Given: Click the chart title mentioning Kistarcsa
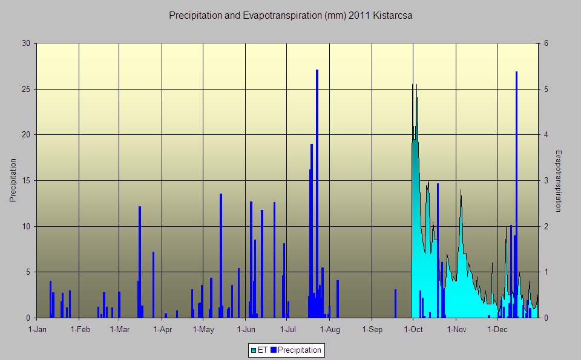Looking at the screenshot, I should click(x=290, y=16).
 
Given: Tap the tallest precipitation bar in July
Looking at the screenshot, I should click(x=317, y=194).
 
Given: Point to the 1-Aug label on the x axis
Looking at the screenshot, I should click(x=330, y=330).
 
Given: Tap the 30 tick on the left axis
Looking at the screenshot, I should click(x=26, y=44).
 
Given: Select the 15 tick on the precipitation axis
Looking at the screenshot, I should click(x=26, y=180).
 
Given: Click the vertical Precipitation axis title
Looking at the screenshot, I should click(x=13, y=180).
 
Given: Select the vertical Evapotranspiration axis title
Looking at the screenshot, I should click(x=559, y=180).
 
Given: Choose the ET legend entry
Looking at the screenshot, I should click(x=259, y=350).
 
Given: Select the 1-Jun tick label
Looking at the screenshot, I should click(x=246, y=330).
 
